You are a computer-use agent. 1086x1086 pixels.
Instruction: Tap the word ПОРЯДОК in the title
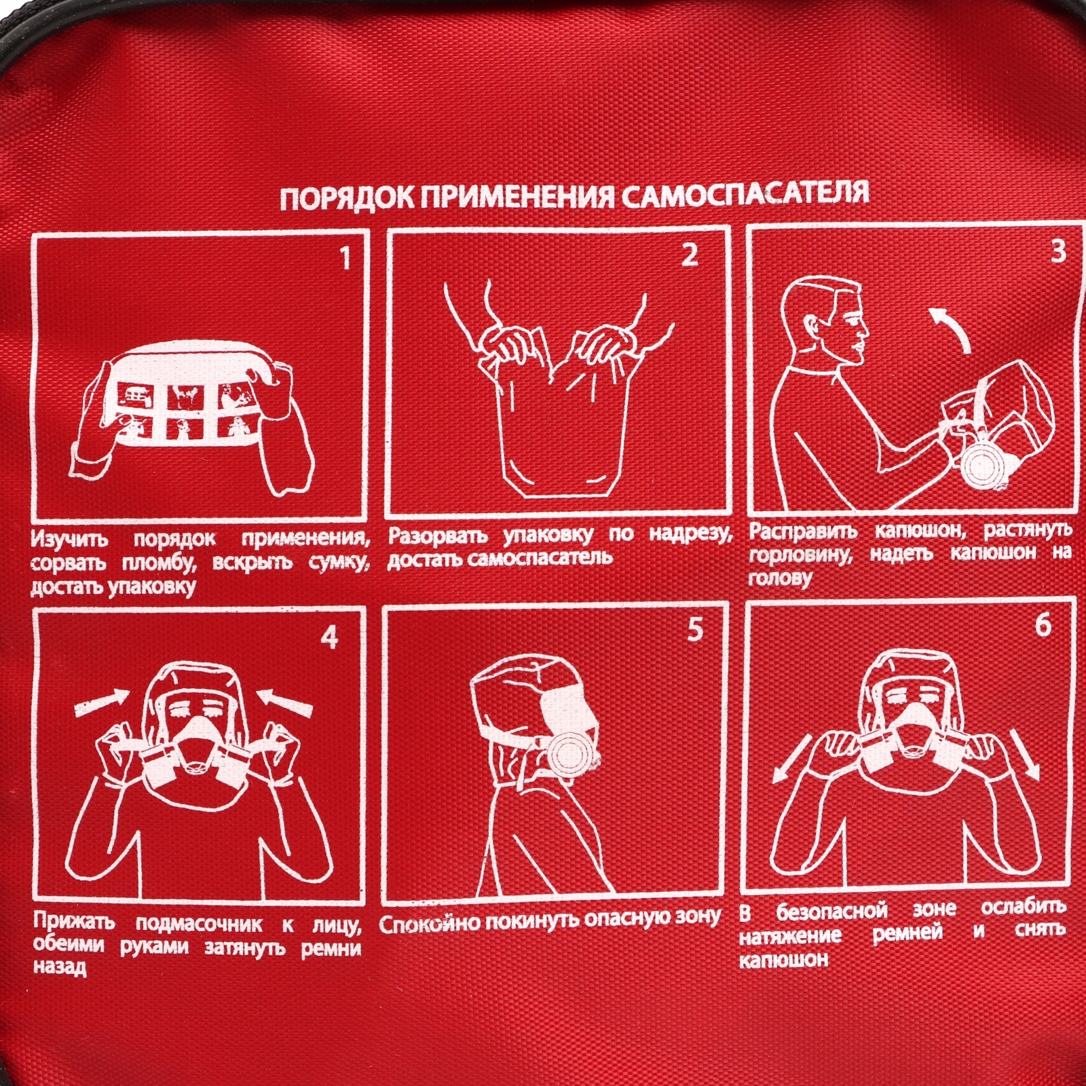[x=346, y=200]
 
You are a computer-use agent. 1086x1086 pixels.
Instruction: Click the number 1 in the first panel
[x=345, y=259]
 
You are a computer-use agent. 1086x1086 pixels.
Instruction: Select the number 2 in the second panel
[x=689, y=255]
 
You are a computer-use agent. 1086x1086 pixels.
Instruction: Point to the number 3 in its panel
[x=1057, y=251]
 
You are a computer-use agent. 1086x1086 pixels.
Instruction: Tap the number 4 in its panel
[x=329, y=638]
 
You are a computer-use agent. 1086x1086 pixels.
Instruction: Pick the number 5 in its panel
[x=694, y=630]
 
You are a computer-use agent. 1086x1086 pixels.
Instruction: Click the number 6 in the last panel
[x=1043, y=624]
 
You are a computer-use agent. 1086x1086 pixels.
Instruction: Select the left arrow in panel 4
[x=100, y=704]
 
